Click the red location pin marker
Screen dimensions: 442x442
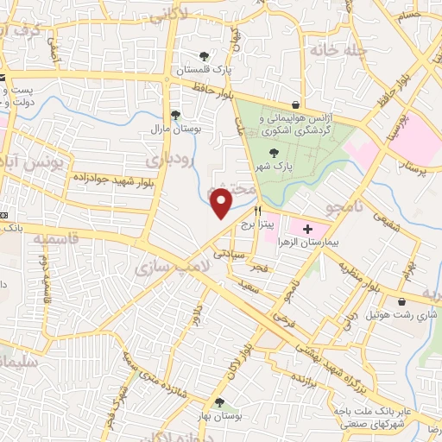pyautogui.click(x=222, y=203)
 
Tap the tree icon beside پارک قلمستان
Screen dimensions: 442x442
pyautogui.click(x=204, y=54)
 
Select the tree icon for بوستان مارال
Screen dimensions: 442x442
pyautogui.click(x=175, y=114)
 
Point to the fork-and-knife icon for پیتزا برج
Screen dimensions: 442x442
pyautogui.click(x=257, y=211)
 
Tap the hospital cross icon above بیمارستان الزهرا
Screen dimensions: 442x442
pyautogui.click(x=308, y=229)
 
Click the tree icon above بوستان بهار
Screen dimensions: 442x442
pyautogui.click(x=218, y=401)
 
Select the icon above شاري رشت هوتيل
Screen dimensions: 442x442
pyautogui.click(x=404, y=301)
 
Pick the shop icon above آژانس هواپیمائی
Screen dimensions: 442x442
pyautogui.click(x=296, y=104)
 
